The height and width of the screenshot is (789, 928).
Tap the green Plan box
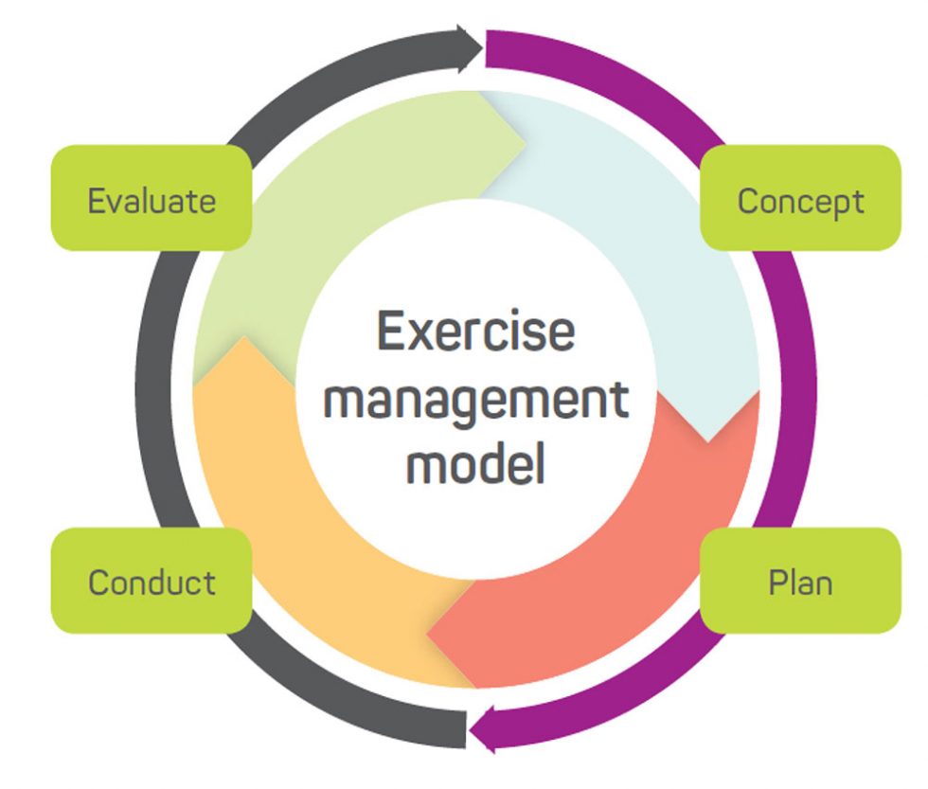(x=800, y=581)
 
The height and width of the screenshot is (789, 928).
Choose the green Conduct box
(x=152, y=581)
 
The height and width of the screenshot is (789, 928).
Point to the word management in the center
(x=475, y=400)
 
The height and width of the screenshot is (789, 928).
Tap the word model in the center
(x=475, y=465)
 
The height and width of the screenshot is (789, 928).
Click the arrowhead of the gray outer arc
(x=470, y=48)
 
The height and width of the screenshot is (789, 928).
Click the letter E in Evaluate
(x=96, y=200)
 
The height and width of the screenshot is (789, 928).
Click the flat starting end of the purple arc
(x=488, y=48)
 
